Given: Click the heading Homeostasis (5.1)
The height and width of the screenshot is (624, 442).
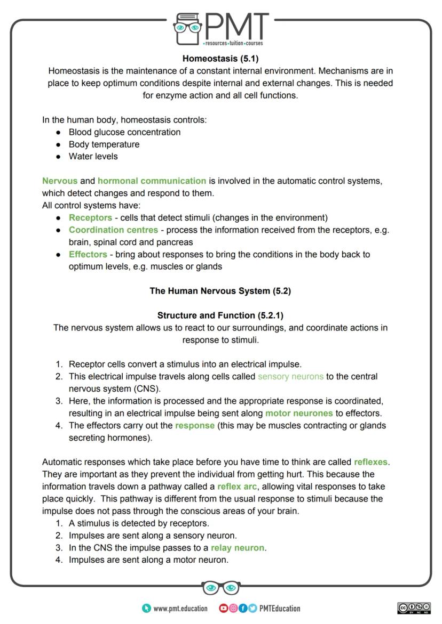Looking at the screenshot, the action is [220, 59].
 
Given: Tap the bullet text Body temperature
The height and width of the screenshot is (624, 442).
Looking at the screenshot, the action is [104, 144].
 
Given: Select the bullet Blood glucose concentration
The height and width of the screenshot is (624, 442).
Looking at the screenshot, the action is [124, 132].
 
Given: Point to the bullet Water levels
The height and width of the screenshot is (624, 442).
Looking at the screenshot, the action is [93, 157].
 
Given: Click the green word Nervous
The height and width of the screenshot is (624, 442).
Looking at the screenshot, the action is [59, 181].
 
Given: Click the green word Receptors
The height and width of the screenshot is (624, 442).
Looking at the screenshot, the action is [90, 218].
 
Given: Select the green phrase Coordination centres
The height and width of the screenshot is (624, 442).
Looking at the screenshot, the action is [113, 230].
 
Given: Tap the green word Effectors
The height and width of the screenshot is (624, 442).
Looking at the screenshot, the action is [88, 255].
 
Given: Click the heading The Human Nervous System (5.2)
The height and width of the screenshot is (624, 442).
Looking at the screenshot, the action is [220, 291].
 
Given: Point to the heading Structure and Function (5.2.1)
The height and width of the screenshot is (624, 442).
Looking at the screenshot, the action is [220, 315].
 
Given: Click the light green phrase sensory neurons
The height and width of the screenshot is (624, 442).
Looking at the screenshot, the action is [290, 377].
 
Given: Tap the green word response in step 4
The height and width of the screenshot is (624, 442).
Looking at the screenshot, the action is [194, 426].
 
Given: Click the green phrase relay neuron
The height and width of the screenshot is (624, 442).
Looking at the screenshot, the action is [238, 548].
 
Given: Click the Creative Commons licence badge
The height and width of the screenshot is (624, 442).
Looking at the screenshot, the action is [414, 609].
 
